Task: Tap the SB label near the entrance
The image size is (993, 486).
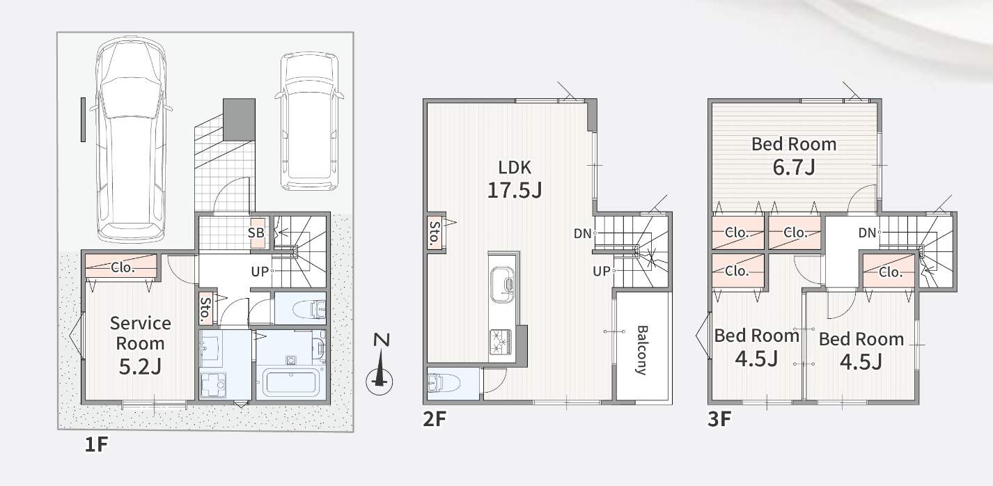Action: coord(256,233)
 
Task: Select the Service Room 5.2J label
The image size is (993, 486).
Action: coord(140,345)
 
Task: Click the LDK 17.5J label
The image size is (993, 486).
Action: coord(514,179)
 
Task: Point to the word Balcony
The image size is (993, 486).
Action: coord(642,350)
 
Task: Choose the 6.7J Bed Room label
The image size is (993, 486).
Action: coord(794,156)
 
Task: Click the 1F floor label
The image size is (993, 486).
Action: coord(96,444)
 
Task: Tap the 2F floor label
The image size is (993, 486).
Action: coord(434,419)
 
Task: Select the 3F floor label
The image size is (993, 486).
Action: coord(719,419)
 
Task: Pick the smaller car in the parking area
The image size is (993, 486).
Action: coord(309,122)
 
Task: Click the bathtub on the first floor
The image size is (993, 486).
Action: coord(291,383)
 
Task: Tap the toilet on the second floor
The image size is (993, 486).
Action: coord(444,384)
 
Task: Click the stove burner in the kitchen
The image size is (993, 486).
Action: coord(501,342)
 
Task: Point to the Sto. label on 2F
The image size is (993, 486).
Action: coord(435,233)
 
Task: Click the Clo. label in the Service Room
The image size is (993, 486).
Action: coord(122,267)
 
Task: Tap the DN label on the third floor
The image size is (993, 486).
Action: coord(867,233)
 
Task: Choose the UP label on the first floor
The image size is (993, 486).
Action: coord(260,271)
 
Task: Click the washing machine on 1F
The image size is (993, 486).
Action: coord(213,384)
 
